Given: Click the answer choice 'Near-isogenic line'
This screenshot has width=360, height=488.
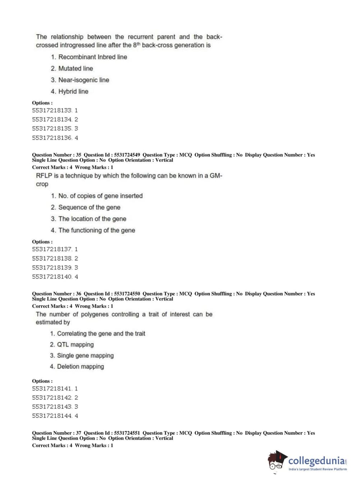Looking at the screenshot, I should pyautogui.click(x=83, y=80).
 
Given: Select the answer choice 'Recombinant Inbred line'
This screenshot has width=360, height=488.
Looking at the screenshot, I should pyautogui.click(x=92, y=57).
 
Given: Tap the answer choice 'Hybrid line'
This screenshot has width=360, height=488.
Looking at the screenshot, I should pyautogui.click(x=73, y=91).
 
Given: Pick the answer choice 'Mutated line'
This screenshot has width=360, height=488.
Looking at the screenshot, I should pyautogui.click(x=76, y=68).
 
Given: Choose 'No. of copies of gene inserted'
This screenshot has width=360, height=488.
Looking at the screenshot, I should pyautogui.click(x=100, y=196).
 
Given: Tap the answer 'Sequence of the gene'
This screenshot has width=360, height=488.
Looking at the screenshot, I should pyautogui.click(x=89, y=207).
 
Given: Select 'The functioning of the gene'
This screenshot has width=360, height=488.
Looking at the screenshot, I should pyautogui.click(x=97, y=230).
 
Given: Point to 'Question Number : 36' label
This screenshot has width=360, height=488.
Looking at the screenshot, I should pyautogui.click(x=56, y=294).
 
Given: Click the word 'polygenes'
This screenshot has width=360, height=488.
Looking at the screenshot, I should pyautogui.click(x=94, y=314).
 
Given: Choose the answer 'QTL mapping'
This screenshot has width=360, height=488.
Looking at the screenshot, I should pyautogui.click(x=75, y=344).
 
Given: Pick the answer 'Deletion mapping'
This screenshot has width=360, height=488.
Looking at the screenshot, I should pyautogui.click(x=80, y=366).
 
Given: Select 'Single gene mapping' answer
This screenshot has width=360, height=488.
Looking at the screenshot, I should pyautogui.click(x=85, y=356).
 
